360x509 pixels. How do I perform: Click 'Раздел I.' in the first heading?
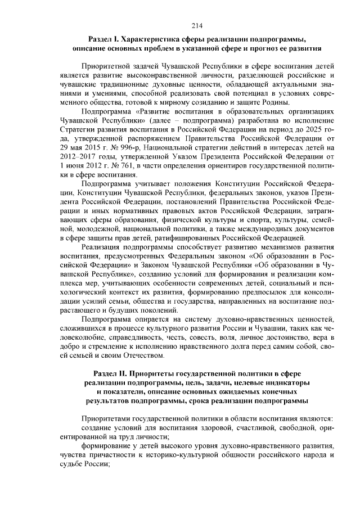tap(103, 39)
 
